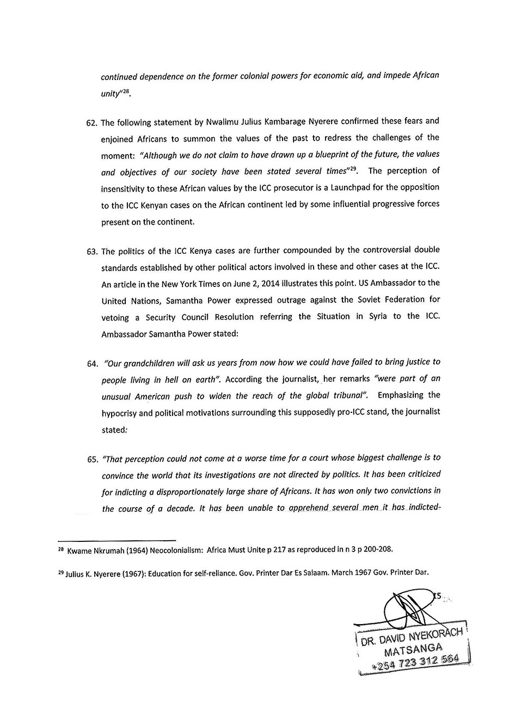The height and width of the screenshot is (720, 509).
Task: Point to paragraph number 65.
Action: [x=91, y=459]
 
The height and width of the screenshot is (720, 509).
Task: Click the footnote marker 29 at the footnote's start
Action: [x=60, y=572]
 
